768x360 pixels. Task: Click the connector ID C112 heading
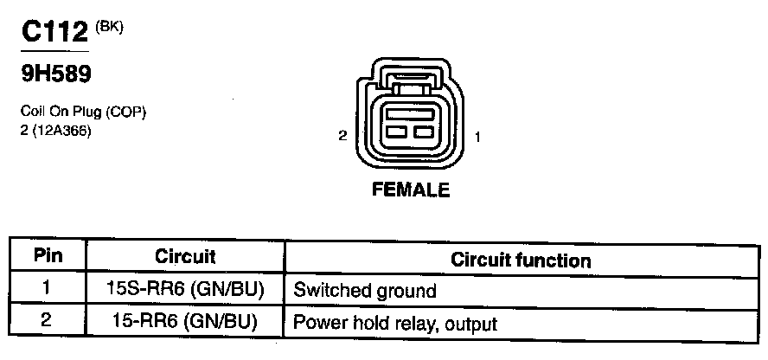[x=54, y=32]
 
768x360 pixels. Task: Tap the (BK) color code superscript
[x=111, y=26]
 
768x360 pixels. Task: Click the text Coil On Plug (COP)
[x=77, y=113]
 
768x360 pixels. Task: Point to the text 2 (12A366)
[x=55, y=130]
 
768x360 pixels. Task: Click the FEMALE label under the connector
[x=411, y=190]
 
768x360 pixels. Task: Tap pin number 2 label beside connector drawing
[x=343, y=136]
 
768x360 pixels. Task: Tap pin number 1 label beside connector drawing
[x=478, y=136]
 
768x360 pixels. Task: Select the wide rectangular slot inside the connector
[x=411, y=113]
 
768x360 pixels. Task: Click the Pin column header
[x=48, y=257]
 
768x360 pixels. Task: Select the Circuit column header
[x=185, y=257]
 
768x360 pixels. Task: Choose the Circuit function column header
[x=522, y=260]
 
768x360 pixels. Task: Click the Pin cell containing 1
[x=48, y=289]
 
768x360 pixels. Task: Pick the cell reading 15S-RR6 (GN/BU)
[x=185, y=289]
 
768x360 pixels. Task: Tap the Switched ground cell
[x=365, y=290]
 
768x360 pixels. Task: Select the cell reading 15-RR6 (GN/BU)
[x=185, y=322]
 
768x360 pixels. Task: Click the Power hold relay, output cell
[x=395, y=324]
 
